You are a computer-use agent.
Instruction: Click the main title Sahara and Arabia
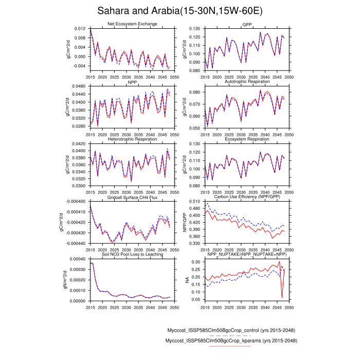180,11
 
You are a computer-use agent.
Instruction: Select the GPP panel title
246,24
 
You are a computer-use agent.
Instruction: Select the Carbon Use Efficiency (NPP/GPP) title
246,197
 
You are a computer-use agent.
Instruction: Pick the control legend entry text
236,330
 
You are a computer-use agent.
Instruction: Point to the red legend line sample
230,347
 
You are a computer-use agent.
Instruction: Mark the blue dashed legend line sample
230,335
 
